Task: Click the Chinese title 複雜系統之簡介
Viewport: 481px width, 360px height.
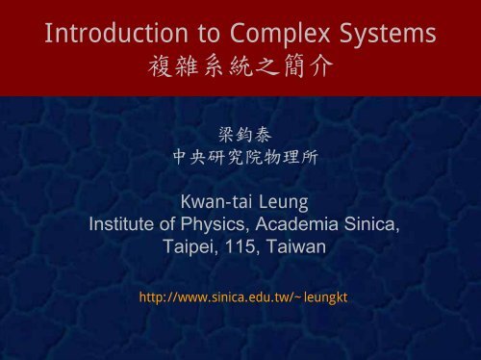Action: click(240, 72)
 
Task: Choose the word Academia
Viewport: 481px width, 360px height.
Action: click(292, 225)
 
